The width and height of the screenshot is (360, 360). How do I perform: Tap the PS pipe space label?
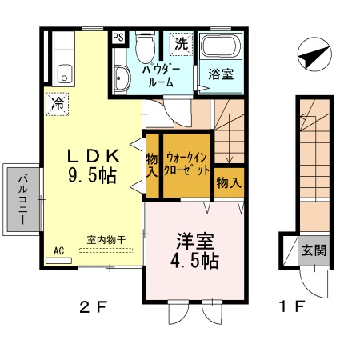[x=118, y=37]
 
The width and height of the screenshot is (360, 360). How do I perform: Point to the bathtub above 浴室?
[x=219, y=47]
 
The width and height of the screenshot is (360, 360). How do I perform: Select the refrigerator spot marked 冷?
[x=58, y=104]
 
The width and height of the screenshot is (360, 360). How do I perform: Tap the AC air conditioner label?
[x=58, y=250]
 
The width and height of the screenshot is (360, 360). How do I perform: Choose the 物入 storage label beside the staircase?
[x=229, y=183]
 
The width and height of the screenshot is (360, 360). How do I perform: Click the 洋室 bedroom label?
[x=193, y=239]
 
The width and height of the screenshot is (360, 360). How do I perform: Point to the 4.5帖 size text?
[x=193, y=261]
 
